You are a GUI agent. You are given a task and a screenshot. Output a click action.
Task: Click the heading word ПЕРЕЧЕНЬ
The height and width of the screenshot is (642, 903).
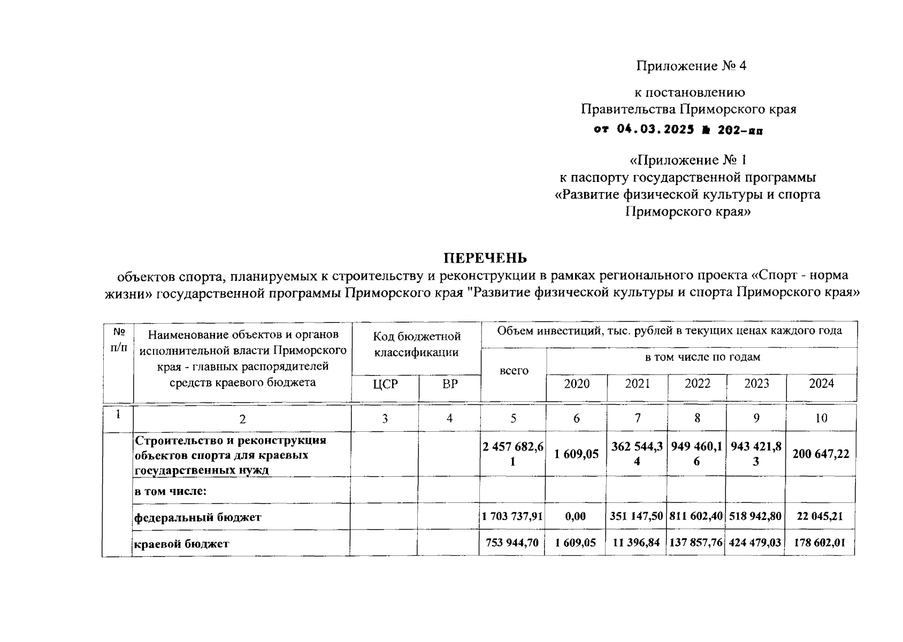pyautogui.click(x=485, y=258)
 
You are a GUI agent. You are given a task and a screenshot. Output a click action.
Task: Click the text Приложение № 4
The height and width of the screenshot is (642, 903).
pyautogui.click(x=691, y=66)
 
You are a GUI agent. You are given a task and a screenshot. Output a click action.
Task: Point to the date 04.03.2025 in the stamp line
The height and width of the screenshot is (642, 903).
pyautogui.click(x=655, y=129)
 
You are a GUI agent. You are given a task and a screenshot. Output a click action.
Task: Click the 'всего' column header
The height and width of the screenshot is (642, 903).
pyautogui.click(x=514, y=370)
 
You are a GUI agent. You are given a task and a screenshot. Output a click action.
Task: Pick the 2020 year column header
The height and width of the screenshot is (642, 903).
pyautogui.click(x=577, y=384)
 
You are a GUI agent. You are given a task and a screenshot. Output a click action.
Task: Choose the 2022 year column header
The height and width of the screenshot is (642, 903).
pyautogui.click(x=698, y=384)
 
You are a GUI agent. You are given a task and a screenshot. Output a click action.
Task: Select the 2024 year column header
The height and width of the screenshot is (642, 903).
pyautogui.click(x=821, y=384)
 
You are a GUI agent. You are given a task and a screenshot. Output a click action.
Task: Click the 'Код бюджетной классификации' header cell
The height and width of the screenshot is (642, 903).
pyautogui.click(x=417, y=344)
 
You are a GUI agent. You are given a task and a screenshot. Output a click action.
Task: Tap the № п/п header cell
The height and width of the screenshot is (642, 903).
pyautogui.click(x=119, y=339)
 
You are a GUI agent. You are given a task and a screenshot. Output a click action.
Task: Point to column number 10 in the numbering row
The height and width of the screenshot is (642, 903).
pyautogui.click(x=821, y=418)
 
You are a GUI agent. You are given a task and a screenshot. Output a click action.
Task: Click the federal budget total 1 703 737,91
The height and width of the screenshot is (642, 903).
pyautogui.click(x=512, y=517)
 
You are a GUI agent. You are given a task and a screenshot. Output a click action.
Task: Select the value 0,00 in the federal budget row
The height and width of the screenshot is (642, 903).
pyautogui.click(x=576, y=517)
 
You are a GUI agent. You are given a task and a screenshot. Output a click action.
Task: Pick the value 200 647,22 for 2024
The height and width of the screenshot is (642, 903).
pyautogui.click(x=821, y=454)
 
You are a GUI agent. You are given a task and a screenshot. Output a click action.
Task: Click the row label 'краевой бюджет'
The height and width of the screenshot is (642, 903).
pyautogui.click(x=181, y=544)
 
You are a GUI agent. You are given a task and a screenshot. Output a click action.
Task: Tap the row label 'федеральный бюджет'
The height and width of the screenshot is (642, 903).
pyautogui.click(x=197, y=517)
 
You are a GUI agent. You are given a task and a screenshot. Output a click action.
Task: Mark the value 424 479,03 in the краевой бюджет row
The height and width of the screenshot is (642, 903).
pyautogui.click(x=755, y=543)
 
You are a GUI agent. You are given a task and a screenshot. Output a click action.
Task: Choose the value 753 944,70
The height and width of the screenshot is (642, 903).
pyautogui.click(x=512, y=543)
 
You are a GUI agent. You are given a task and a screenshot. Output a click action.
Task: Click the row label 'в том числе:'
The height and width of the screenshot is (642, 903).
pyautogui.click(x=171, y=490)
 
